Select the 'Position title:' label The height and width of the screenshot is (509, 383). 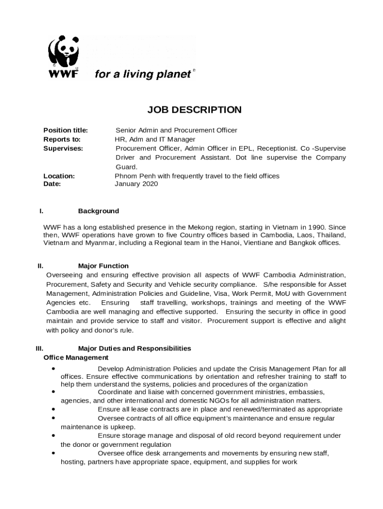[66, 130]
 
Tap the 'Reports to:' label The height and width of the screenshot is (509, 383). [62, 139]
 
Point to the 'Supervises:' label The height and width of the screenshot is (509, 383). [63, 148]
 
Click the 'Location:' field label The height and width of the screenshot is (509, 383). [59, 176]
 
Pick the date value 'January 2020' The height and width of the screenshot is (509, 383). [136, 184]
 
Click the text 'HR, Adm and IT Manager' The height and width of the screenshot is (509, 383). [155, 139]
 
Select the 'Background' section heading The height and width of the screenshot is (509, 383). [98, 211]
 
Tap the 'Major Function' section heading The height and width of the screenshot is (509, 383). [103, 266]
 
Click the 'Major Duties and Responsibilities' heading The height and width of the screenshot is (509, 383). [134, 348]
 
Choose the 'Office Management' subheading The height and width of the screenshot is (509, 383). [76, 357]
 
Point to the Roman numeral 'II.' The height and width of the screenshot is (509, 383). [41, 266]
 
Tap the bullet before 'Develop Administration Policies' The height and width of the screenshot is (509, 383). [53, 369]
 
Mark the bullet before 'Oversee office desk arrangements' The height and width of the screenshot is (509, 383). [53, 453]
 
